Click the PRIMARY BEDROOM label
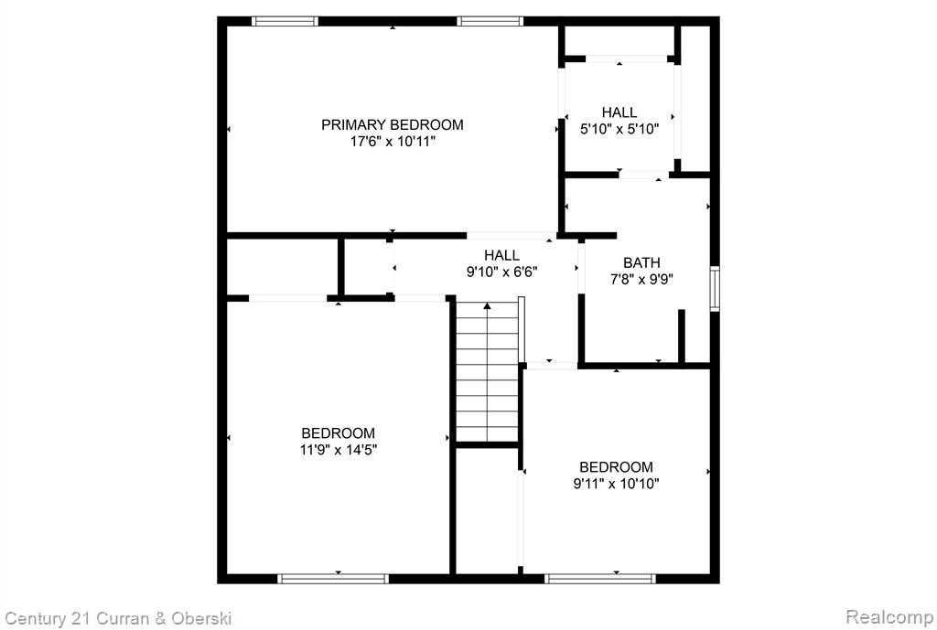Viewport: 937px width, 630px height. click(392, 124)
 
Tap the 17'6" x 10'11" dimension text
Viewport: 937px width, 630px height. click(392, 142)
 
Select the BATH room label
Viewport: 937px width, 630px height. click(641, 262)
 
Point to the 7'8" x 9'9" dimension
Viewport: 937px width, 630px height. click(641, 279)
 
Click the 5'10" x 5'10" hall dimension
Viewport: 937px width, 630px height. click(619, 128)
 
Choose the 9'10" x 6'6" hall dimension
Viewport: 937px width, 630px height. click(502, 272)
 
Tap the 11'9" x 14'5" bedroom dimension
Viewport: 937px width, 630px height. click(339, 449)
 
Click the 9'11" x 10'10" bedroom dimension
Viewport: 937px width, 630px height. click(616, 483)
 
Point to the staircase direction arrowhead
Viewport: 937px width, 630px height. click(487, 306)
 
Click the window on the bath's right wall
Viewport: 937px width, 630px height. click(714, 289)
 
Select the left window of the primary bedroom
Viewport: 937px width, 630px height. click(285, 22)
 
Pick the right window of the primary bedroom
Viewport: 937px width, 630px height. click(490, 22)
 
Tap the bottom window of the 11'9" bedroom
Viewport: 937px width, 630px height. click(333, 578)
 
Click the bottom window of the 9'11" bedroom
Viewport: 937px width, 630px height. click(600, 578)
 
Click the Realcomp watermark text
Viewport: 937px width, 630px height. click(889, 616)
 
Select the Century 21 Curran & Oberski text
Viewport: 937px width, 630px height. click(118, 618)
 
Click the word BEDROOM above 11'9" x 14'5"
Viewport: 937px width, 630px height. click(339, 432)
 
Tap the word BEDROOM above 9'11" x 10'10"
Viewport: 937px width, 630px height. click(616, 467)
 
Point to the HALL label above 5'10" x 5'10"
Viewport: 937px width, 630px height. click(619, 112)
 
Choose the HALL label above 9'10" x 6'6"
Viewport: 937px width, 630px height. click(502, 256)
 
